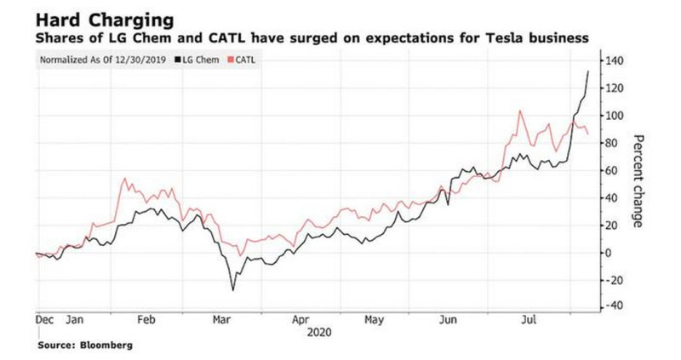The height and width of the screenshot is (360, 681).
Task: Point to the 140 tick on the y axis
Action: [615, 61]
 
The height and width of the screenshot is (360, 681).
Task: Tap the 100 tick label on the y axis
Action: [615, 116]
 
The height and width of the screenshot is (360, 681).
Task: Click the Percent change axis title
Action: [640, 184]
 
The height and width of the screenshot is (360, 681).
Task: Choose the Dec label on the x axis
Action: [44, 322]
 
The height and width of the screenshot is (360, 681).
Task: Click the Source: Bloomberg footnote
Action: [84, 346]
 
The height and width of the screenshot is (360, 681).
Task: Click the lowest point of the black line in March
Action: [233, 289]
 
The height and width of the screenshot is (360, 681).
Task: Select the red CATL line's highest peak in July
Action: [519, 111]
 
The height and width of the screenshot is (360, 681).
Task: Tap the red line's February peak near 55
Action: [125, 179]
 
